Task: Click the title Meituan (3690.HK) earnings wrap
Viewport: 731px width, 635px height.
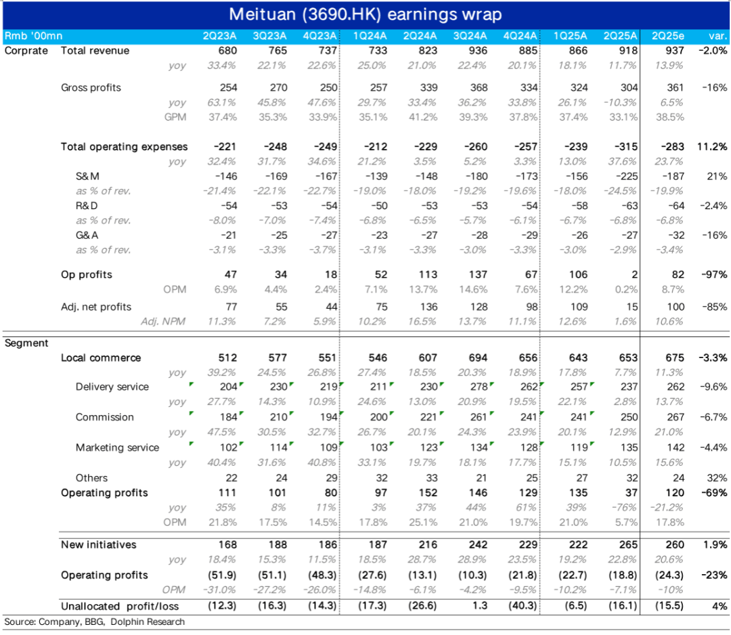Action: point(365,14)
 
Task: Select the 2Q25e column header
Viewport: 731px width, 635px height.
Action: point(667,36)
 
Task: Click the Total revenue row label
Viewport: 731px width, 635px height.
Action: point(95,51)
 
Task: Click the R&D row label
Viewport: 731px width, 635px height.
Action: point(88,205)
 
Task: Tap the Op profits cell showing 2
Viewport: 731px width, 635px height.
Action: point(634,275)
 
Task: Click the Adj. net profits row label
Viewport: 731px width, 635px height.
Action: point(96,307)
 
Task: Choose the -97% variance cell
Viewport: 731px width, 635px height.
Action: point(714,275)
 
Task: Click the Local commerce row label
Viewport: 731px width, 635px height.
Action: point(101,357)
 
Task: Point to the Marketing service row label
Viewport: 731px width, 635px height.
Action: point(117,447)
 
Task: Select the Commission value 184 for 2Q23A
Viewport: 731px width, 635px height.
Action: point(228,417)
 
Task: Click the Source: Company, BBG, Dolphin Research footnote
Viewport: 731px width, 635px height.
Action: point(95,622)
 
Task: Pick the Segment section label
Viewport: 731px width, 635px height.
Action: point(26,343)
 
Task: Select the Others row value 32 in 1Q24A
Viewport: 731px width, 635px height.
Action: point(380,478)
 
